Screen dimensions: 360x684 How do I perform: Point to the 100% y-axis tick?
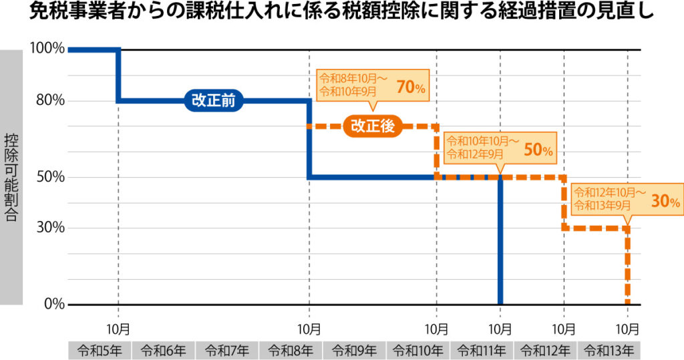[x=47, y=49]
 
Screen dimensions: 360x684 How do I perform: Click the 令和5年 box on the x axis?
[x=100, y=350]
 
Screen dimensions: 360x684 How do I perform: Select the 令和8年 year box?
[x=291, y=350]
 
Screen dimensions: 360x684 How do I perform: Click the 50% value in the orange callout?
[x=538, y=151]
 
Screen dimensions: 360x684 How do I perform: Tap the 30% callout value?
[x=665, y=201]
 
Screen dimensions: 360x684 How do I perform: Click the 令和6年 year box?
[x=164, y=350]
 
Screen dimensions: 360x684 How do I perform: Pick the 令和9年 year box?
[x=354, y=350]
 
